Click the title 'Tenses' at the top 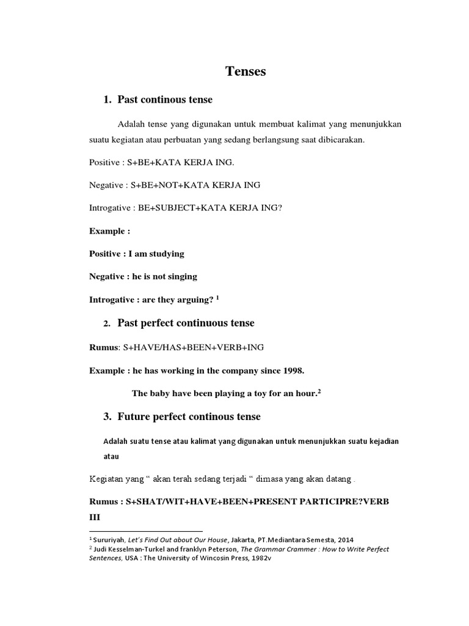point(245,72)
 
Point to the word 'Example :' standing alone point(110,231)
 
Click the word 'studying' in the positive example point(164,254)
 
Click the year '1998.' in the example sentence point(292,370)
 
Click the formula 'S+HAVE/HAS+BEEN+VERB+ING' point(194,347)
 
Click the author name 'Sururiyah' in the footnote point(109,539)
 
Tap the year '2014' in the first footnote point(344,539)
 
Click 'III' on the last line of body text point(96,517)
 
